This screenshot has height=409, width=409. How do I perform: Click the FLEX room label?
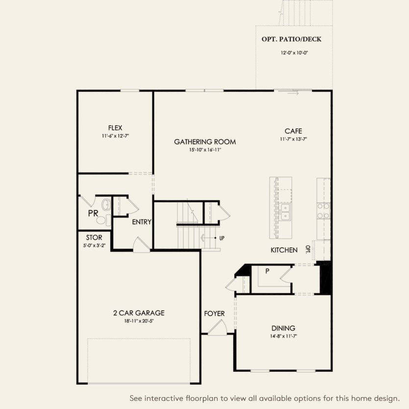(115, 128)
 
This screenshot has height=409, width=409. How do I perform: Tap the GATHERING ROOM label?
(205, 142)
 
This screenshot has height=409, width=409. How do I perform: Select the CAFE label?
(293, 131)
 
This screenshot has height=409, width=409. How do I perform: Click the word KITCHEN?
(284, 250)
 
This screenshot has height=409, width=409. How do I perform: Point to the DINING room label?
(283, 328)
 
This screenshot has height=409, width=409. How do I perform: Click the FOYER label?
(214, 313)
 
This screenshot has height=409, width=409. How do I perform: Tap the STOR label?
(94, 238)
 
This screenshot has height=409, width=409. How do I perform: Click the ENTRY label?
(142, 222)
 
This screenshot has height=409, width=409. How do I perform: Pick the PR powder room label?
(93, 214)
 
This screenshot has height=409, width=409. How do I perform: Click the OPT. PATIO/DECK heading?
(294, 39)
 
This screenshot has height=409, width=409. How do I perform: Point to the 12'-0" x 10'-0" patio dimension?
(294, 52)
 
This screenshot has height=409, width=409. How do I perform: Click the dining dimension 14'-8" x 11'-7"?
(283, 337)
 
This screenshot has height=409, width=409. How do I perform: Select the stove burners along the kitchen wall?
(323, 210)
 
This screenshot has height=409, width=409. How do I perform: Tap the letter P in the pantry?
(267, 271)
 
